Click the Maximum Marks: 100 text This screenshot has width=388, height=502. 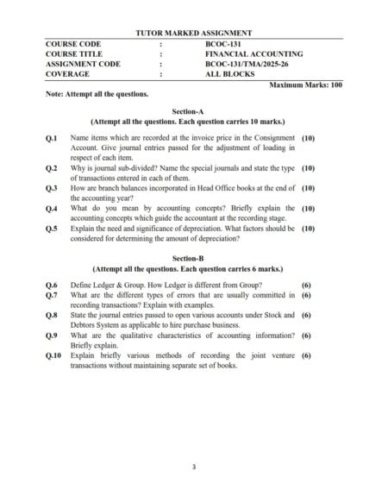(306, 85)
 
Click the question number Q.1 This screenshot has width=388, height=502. (52, 138)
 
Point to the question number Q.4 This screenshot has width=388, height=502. (52, 209)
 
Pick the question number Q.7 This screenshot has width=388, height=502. (52, 295)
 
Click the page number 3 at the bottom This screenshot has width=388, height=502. (194, 467)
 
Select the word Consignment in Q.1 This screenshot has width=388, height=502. (276, 138)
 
